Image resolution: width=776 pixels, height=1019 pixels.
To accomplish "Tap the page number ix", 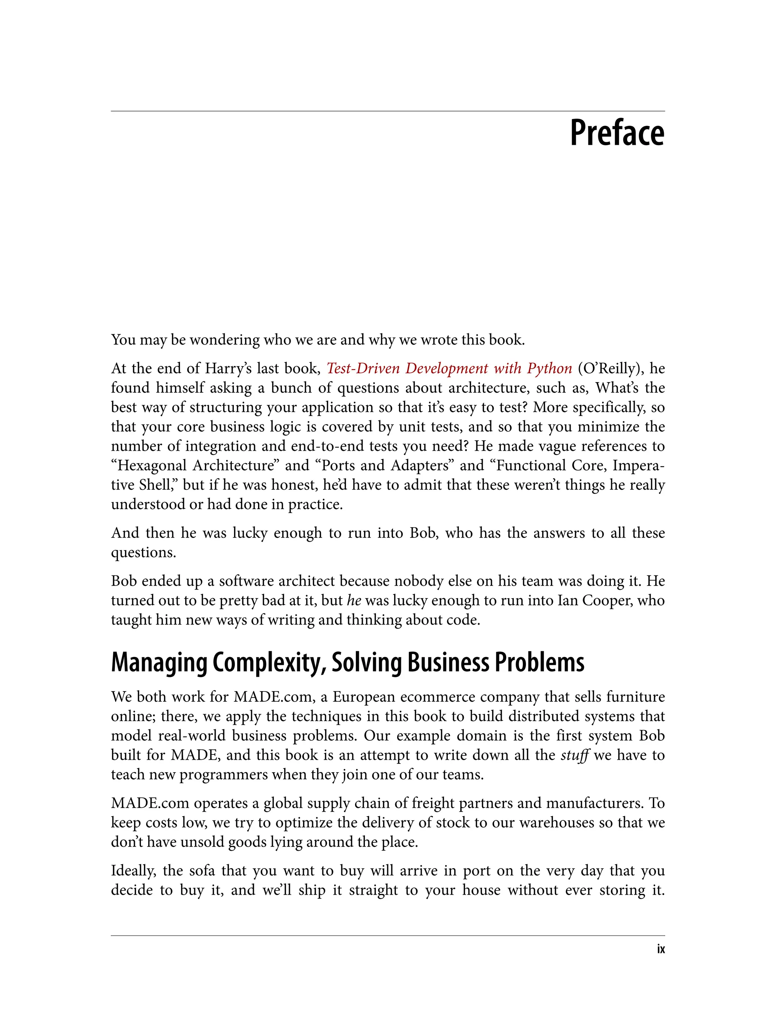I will [660, 949].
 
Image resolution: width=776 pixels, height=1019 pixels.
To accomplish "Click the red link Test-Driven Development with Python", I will [449, 368].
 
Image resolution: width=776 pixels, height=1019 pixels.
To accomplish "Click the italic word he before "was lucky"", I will [354, 600].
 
